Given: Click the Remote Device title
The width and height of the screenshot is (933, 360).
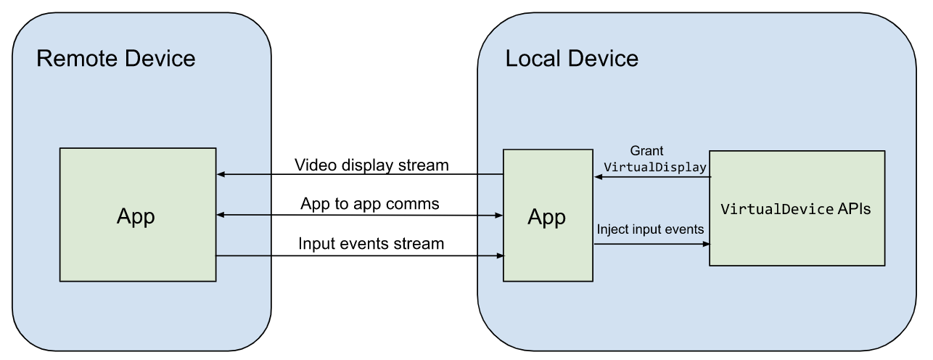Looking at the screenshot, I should pos(115,58).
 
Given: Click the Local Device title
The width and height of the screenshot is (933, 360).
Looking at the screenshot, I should pos(572,58).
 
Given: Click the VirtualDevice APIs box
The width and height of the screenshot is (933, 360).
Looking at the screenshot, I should pos(797,209).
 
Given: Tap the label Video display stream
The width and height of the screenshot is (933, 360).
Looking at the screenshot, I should pos(371,165).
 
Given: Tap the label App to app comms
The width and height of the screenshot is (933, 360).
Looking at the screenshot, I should pos(369,204).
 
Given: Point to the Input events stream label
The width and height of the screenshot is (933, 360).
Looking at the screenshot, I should pos(371,244).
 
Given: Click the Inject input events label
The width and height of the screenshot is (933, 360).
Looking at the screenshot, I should pos(650,229).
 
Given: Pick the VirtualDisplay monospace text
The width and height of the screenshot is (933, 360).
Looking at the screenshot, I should pos(654,167).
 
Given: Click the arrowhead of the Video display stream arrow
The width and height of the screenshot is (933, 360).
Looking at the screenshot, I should pos(221,175).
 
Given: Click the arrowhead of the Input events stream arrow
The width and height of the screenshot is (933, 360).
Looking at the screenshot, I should pos(499,255).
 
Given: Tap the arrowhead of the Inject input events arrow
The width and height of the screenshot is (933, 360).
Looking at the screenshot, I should pos(705,245).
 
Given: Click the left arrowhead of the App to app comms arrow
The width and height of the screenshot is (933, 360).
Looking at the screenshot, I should pos(221,215).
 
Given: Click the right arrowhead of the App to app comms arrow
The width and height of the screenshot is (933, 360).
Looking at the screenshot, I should pos(499,216).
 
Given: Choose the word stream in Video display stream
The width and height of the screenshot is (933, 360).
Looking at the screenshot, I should pos(423,165).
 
